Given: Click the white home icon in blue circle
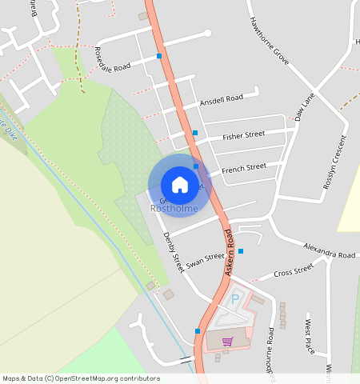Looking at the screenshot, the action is click(x=180, y=184).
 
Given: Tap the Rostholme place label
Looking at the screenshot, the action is click(x=174, y=209).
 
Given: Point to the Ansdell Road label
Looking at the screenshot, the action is click(x=222, y=100).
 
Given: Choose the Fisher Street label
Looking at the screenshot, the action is click(x=243, y=135).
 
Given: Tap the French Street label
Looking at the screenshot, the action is click(x=244, y=168).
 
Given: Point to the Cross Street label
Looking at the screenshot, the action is click(x=294, y=272).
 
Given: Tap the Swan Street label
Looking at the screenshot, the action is click(x=206, y=260).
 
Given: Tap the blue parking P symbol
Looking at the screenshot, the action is click(x=234, y=299).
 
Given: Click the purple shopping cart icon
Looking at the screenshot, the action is click(x=227, y=342).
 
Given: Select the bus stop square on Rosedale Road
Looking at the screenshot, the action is click(x=159, y=57).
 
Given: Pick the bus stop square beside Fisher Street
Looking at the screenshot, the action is click(x=194, y=133).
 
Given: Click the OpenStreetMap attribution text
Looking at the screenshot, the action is click(x=81, y=378).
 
